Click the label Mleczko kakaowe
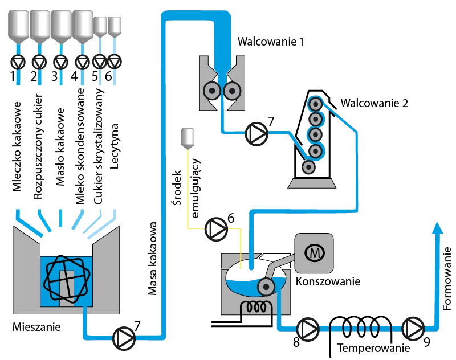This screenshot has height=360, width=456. (x=17, y=147)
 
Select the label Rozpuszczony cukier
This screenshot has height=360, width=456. (x=38, y=146)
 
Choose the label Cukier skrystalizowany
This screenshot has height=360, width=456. (x=99, y=146)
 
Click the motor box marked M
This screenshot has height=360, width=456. (x=312, y=252)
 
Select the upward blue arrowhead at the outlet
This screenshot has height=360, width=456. (x=437, y=227)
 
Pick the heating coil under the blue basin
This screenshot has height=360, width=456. (x=257, y=307)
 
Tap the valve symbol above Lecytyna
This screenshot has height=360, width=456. (x=115, y=62)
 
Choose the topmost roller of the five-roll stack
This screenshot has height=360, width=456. (x=314, y=104)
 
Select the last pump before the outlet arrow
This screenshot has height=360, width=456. (x=413, y=329)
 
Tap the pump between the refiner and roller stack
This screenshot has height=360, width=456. (x=257, y=134)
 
